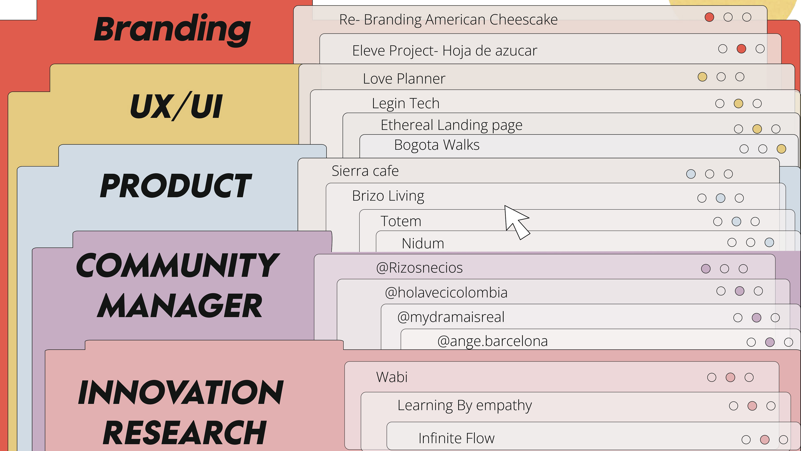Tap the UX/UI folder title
tap(176, 106)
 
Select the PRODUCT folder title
tap(176, 186)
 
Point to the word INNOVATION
tap(180, 393)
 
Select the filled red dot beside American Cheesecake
tap(709, 17)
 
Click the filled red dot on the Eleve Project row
tap(741, 49)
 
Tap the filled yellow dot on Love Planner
tap(702, 77)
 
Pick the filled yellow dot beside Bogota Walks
tap(781, 149)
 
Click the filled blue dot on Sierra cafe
tap(691, 174)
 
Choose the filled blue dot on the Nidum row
tap(769, 242)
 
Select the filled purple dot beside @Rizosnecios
tap(705, 269)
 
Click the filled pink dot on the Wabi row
tap(730, 378)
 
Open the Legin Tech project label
tap(406, 103)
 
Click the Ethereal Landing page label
tap(451, 125)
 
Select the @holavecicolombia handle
tap(446, 293)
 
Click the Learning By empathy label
tap(465, 405)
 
